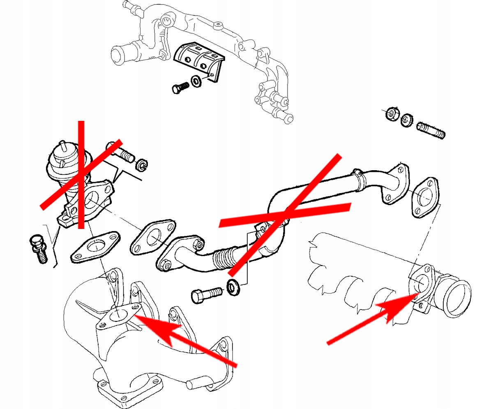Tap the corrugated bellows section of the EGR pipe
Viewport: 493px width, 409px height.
tap(224, 258)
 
